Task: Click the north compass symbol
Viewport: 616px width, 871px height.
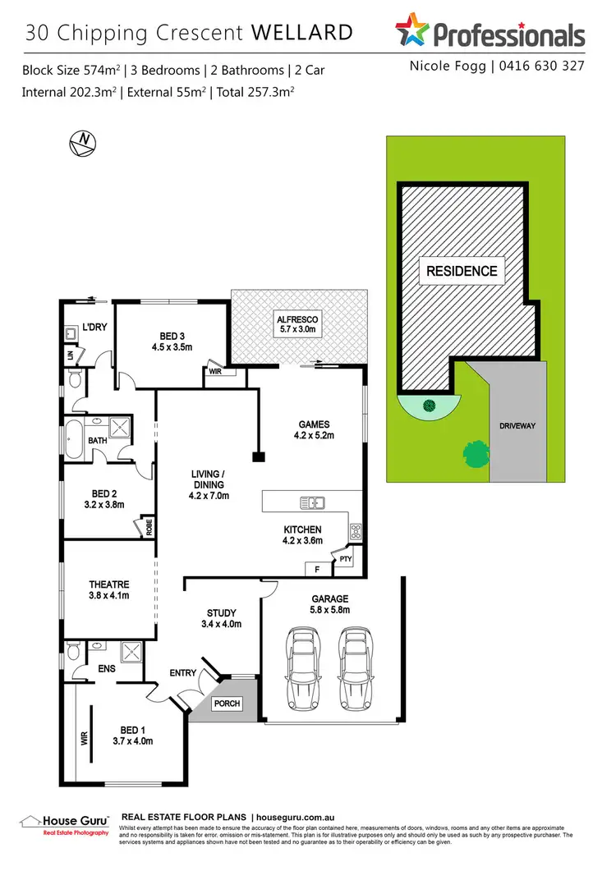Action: pos(83,142)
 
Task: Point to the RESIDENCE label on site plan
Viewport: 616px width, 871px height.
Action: pos(461,271)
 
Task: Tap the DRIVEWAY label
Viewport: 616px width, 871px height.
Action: pos(516,426)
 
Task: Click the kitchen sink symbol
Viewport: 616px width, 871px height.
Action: pos(313,502)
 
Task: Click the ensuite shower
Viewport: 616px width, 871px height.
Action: pos(132,653)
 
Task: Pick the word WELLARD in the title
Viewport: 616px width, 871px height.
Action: pos(301,33)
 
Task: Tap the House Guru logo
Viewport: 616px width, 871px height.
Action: pos(64,824)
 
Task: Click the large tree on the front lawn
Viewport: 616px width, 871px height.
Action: pos(476,452)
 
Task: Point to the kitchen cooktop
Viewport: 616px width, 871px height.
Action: pos(356,531)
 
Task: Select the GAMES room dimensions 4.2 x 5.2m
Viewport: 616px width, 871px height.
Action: pos(314,435)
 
